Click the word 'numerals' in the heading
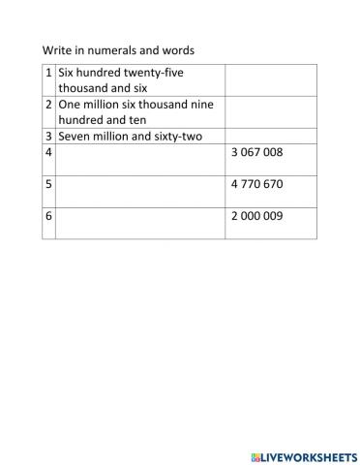(x=113, y=49)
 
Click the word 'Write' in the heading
(x=57, y=49)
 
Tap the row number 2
(x=48, y=104)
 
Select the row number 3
(x=48, y=136)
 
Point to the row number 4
(x=48, y=152)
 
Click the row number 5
(x=48, y=183)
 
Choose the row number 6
(x=48, y=216)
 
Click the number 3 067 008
(x=256, y=152)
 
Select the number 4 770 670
(x=256, y=183)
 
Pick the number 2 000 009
(x=256, y=216)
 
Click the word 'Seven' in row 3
(x=75, y=136)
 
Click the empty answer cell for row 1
(x=271, y=79)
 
